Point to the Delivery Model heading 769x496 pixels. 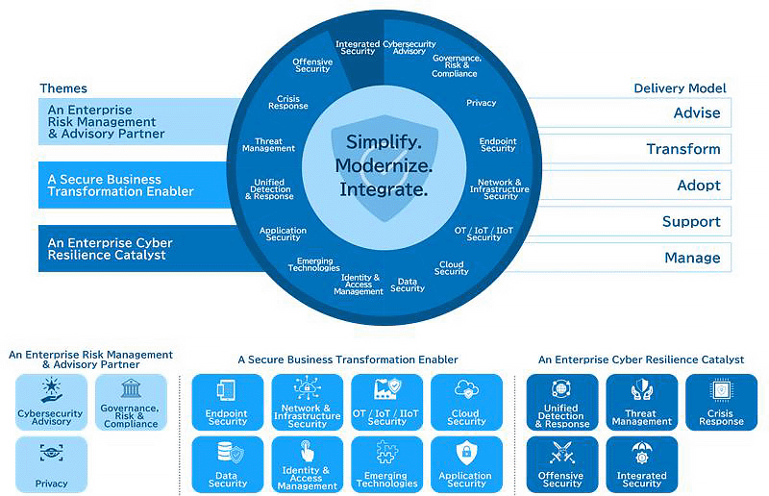pyautogui.click(x=680, y=88)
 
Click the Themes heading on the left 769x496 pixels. pyautogui.click(x=63, y=88)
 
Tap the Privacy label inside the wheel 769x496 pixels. pyautogui.click(x=482, y=103)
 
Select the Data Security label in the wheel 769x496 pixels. pyautogui.click(x=408, y=285)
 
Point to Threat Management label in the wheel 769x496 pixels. pyautogui.click(x=269, y=145)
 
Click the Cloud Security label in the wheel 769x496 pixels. pyautogui.click(x=451, y=268)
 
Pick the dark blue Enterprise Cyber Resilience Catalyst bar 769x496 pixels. pyautogui.click(x=135, y=249)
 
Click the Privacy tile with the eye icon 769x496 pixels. pyautogui.click(x=51, y=464)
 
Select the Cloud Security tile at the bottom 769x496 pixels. pyautogui.click(x=466, y=403)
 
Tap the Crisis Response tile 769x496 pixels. pyautogui.click(x=721, y=403)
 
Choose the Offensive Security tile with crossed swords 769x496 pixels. pyautogui.click(x=561, y=465)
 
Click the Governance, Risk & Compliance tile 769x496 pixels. pyautogui.click(x=132, y=403)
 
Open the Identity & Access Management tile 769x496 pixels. pyautogui.click(x=307, y=465)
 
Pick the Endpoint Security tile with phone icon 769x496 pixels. pyautogui.click(x=228, y=403)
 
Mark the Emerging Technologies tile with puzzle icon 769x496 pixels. pyautogui.click(x=386, y=465)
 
